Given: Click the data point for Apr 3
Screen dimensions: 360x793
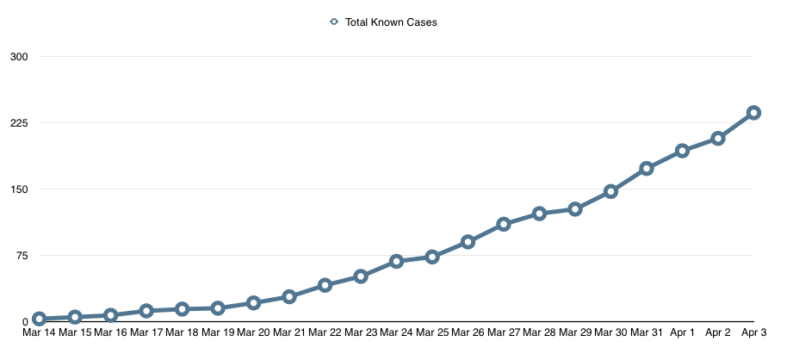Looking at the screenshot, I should [x=753, y=112].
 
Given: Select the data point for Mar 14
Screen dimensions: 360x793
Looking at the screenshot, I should [x=39, y=319].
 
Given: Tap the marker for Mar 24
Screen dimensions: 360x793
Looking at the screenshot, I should [x=396, y=261].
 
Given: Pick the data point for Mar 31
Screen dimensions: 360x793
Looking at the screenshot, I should [x=646, y=168].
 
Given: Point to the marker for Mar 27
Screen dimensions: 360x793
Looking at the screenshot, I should [x=504, y=224].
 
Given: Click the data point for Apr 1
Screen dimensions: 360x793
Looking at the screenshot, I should [x=682, y=151].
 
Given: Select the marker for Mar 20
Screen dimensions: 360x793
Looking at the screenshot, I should [x=253, y=302].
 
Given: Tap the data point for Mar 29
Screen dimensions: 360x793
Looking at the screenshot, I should [x=575, y=209].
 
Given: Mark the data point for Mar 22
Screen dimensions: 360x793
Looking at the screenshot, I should [x=325, y=284].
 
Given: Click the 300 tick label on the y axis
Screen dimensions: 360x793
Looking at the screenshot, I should [x=18, y=57].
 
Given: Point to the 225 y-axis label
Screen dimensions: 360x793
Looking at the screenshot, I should [x=18, y=123].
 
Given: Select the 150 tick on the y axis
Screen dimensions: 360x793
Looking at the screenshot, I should [x=18, y=189].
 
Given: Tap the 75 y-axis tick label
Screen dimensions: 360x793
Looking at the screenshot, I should [x=21, y=256].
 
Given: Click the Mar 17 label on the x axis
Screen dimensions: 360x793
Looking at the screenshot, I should [x=146, y=332].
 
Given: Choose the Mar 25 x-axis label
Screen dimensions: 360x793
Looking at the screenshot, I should [x=431, y=332].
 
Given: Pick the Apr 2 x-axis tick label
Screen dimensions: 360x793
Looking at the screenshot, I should [x=718, y=332].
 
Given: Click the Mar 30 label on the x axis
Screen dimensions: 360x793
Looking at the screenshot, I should [x=610, y=332].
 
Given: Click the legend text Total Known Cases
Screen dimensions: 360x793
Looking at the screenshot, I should [x=391, y=22].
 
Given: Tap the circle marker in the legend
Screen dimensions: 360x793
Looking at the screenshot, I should [x=334, y=22].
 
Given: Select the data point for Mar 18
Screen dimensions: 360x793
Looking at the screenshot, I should [x=182, y=308].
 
